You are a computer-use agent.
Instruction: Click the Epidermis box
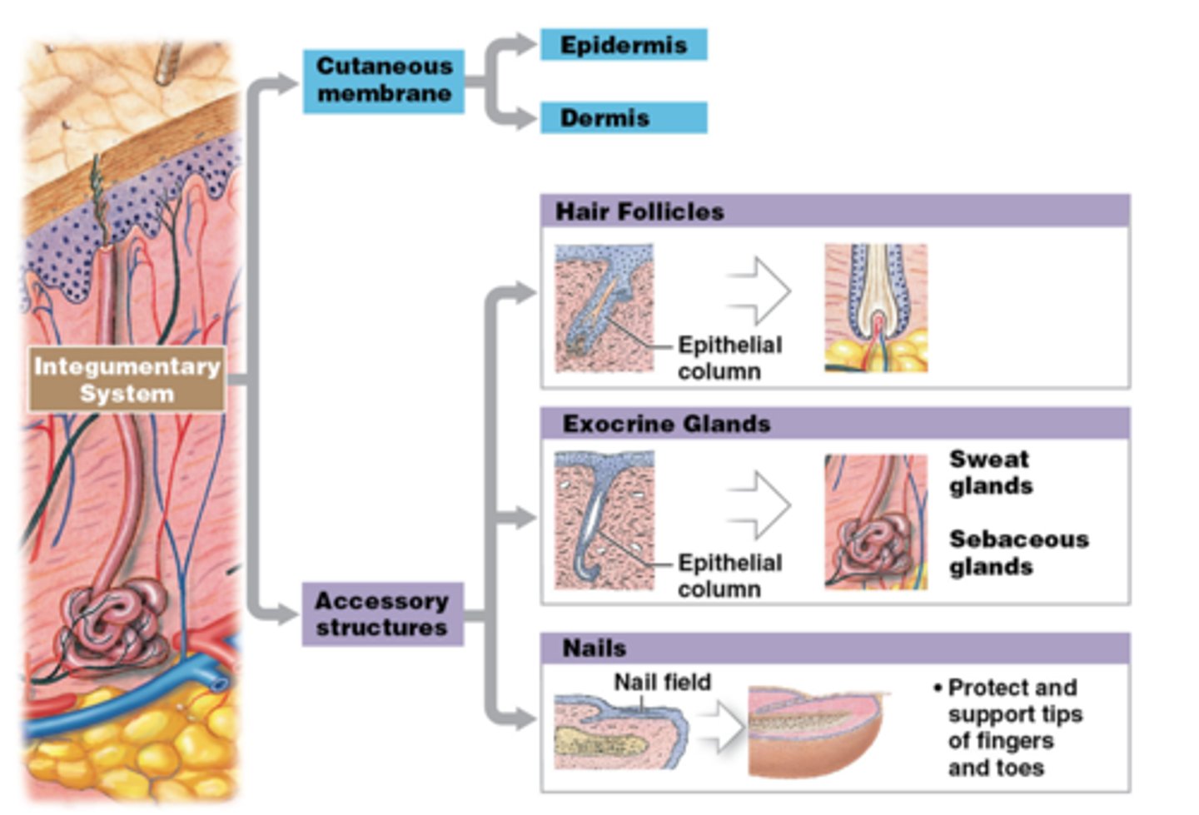point(623,45)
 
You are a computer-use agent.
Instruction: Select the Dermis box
point(623,118)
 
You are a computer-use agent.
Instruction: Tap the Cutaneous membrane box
point(384,80)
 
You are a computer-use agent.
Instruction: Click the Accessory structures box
point(382,614)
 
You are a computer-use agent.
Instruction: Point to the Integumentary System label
point(127,380)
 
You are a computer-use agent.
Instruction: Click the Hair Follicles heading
point(639,211)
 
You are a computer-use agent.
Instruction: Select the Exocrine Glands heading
point(666,424)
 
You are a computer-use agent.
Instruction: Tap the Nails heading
point(594,648)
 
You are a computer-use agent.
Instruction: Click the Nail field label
point(662,682)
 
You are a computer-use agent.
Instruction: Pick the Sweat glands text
point(991,472)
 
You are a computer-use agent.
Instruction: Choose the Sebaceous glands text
point(1017,553)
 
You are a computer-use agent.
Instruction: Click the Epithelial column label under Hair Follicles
point(729,358)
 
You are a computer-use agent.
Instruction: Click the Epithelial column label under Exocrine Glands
point(729,575)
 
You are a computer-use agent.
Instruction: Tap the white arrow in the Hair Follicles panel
point(759,291)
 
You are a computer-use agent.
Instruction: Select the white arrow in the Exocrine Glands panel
point(759,504)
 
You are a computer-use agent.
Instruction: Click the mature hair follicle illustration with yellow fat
point(876,307)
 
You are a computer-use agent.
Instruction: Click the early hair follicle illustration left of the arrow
point(604,307)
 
